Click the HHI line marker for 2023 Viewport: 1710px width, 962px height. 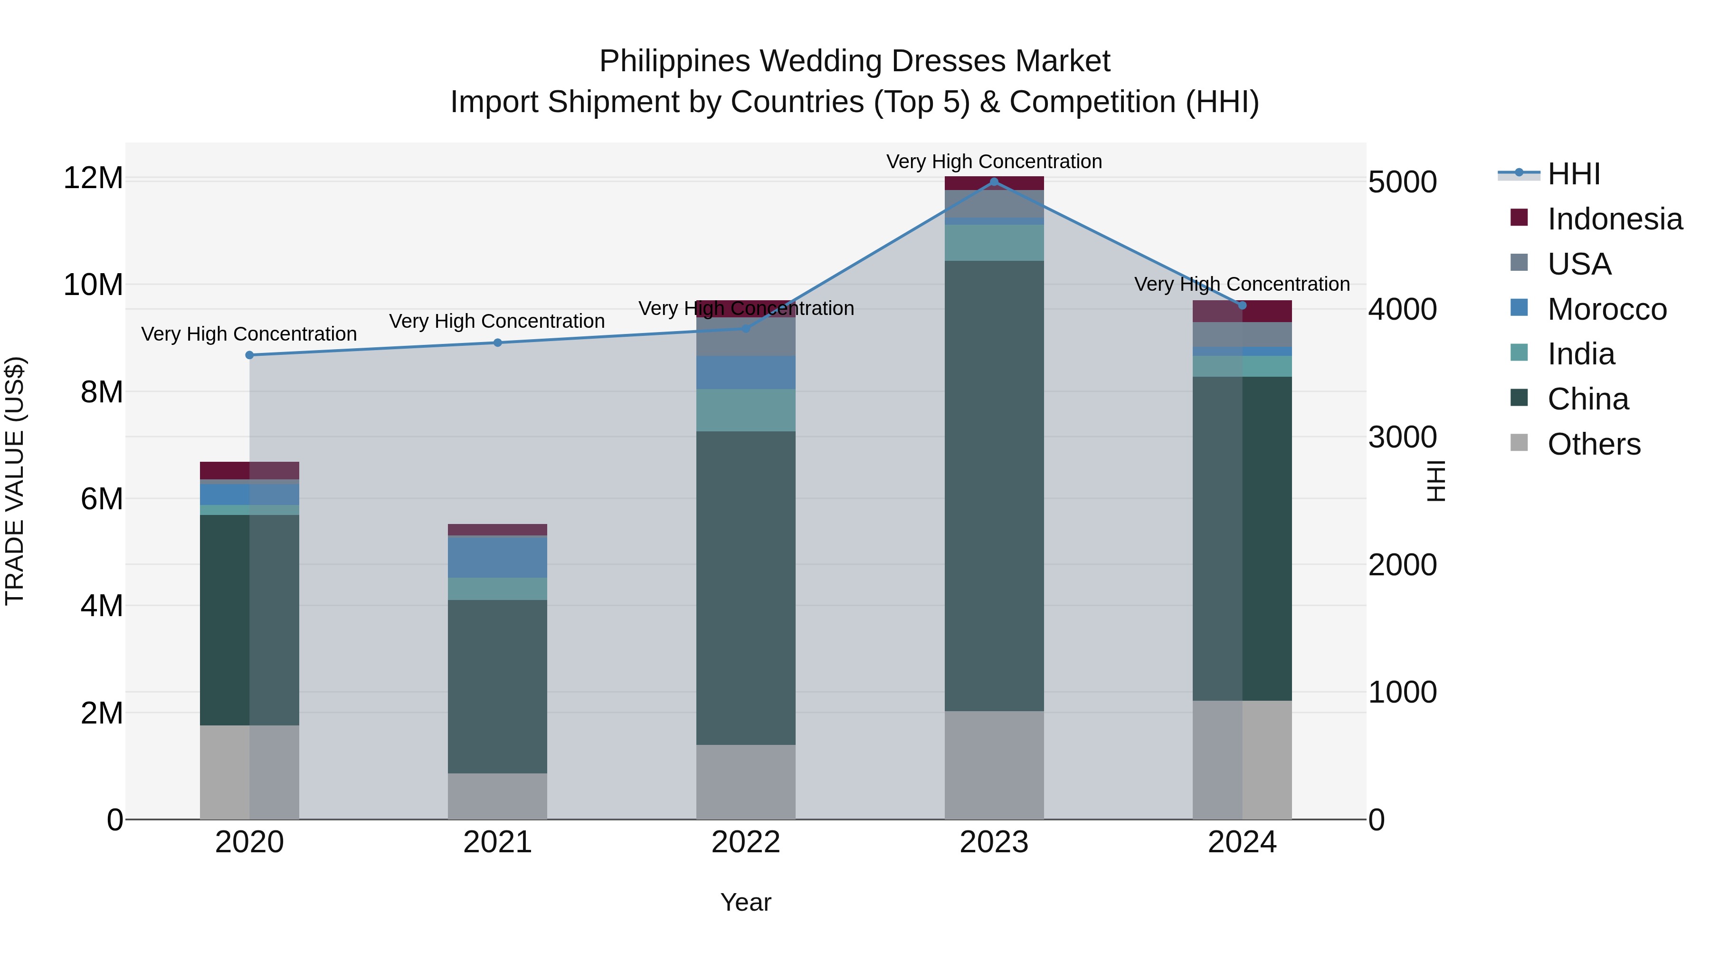(994, 182)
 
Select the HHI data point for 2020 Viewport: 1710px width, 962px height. (249, 355)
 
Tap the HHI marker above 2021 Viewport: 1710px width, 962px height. (498, 343)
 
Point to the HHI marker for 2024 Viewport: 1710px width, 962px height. (1242, 305)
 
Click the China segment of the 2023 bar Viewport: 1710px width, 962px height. (994, 485)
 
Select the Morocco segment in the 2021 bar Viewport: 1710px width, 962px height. (497, 556)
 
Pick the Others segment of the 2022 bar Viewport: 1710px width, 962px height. (745, 781)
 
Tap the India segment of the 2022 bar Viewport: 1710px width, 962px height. (745, 410)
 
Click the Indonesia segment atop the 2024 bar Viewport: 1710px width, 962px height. (1242, 311)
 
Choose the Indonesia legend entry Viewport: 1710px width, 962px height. (1615, 219)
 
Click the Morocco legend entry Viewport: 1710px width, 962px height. (1606, 309)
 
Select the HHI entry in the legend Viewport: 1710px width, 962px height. (1573, 174)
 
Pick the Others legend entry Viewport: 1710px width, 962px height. (1593, 444)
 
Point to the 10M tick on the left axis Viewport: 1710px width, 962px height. (93, 285)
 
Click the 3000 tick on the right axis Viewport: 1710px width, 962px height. (1403, 437)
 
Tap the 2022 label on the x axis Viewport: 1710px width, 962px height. (745, 842)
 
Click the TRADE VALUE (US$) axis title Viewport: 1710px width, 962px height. (15, 481)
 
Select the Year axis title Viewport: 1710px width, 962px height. (745, 902)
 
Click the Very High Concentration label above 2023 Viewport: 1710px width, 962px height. (994, 162)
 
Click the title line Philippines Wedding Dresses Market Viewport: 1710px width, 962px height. (855, 61)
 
